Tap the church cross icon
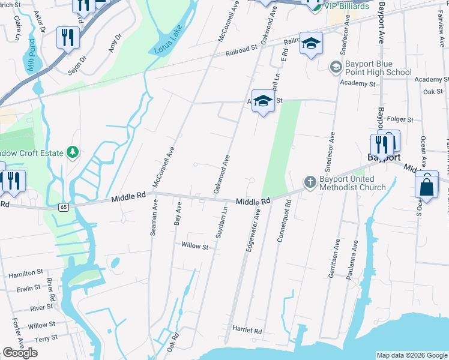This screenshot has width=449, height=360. tap(310, 181)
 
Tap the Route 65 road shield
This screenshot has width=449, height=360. tap(63, 206)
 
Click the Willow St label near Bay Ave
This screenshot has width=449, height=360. tap(194, 246)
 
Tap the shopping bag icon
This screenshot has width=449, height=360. tap(426, 187)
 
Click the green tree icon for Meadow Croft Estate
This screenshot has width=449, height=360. tap(73, 152)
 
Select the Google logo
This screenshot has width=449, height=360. tap(20, 353)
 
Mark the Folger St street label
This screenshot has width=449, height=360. tap(402, 120)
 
